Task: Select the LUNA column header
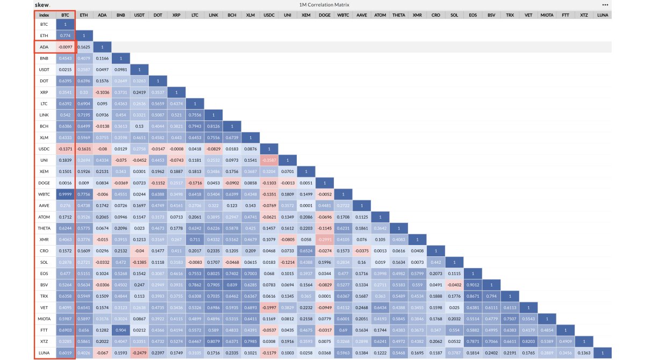pos(603,15)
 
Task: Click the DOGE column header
pos(324,15)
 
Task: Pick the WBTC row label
pos(45,194)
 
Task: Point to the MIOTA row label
pos(45,319)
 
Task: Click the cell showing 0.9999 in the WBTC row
pos(65,194)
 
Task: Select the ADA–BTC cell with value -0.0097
pos(65,47)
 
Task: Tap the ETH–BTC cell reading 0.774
pos(65,36)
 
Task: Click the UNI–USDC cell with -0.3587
pos(269,160)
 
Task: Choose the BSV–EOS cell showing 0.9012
pos(472,285)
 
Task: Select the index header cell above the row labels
pos(45,15)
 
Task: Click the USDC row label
pos(45,149)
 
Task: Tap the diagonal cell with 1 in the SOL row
pos(454,262)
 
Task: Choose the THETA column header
pos(399,15)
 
